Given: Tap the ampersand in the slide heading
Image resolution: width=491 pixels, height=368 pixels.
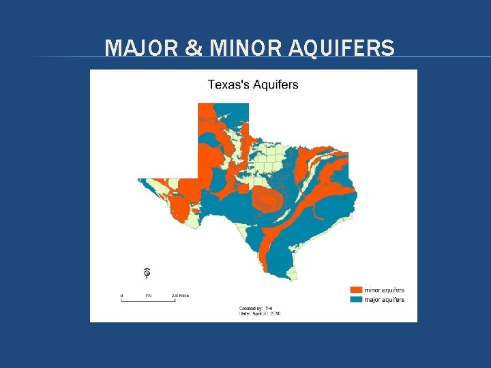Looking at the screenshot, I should pyautogui.click(x=193, y=48).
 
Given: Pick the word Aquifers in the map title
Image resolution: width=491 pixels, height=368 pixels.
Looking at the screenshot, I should pyautogui.click(x=277, y=85).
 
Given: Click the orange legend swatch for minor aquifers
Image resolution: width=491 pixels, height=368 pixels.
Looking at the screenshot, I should pyautogui.click(x=356, y=290).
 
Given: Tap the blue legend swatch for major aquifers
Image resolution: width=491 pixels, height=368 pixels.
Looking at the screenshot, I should pyautogui.click(x=356, y=299).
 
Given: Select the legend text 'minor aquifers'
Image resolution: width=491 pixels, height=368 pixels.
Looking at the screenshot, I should pyautogui.click(x=385, y=290).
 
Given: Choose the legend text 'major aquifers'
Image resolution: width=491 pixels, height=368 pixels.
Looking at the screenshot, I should pyautogui.click(x=385, y=299).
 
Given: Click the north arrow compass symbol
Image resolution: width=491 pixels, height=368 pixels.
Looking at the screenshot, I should pyautogui.click(x=147, y=273).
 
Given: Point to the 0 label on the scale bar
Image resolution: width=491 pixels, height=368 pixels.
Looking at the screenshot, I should pyautogui.click(x=122, y=295).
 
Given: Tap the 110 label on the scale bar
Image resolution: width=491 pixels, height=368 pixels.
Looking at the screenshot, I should pyautogui.click(x=148, y=295).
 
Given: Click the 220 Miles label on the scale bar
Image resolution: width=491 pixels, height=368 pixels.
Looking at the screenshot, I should pyautogui.click(x=179, y=295).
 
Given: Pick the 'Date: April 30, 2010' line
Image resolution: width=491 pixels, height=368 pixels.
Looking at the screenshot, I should pyautogui.click(x=260, y=313).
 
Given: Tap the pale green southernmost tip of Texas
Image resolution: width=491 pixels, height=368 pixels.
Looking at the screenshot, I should pyautogui.click(x=293, y=275).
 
